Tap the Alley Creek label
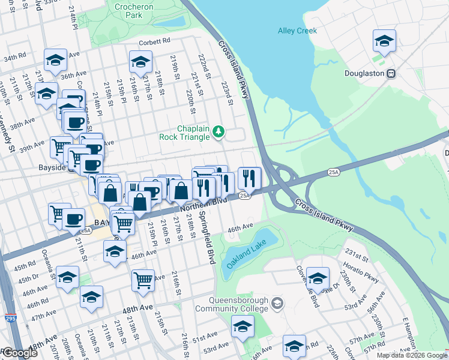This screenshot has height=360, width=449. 297,30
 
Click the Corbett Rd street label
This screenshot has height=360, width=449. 155,41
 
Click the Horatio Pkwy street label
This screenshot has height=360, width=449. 363,278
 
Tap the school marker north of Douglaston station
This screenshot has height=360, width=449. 384,41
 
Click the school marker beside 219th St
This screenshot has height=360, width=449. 140,62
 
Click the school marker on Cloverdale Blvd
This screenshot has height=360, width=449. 318,277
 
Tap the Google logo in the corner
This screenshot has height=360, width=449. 20,353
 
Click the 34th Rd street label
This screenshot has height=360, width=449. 12,59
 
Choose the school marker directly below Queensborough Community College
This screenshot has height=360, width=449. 243,326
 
